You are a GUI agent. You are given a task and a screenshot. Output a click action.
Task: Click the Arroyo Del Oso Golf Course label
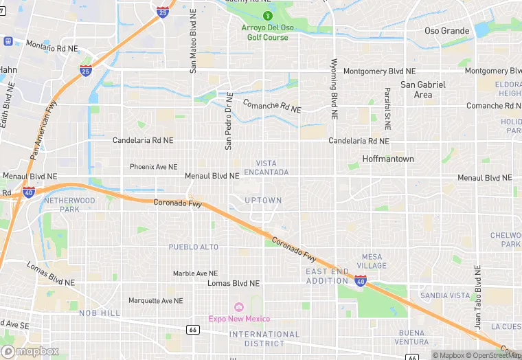coord(268,32)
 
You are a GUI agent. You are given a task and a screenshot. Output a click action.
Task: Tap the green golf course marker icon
coord(268,16)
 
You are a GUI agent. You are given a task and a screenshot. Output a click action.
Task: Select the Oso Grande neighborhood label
coord(446,31)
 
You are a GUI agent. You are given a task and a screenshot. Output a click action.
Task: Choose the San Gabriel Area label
coord(423,89)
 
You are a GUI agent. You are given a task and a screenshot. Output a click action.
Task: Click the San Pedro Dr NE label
coord(229,121)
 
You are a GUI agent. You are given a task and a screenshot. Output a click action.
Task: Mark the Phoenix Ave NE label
coord(154,167)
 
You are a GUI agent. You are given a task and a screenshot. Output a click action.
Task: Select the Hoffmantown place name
coord(388,159)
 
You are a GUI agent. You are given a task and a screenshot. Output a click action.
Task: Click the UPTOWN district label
coord(263,201)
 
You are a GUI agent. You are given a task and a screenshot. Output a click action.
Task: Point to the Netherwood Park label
coord(69,204)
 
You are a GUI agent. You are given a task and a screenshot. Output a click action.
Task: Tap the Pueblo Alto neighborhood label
coord(194,247)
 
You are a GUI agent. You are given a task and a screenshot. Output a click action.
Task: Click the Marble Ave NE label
coord(195,273)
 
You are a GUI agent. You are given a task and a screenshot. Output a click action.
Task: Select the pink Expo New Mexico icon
coord(239,306)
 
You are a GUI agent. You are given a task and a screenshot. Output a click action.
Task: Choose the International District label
coord(264,339)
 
